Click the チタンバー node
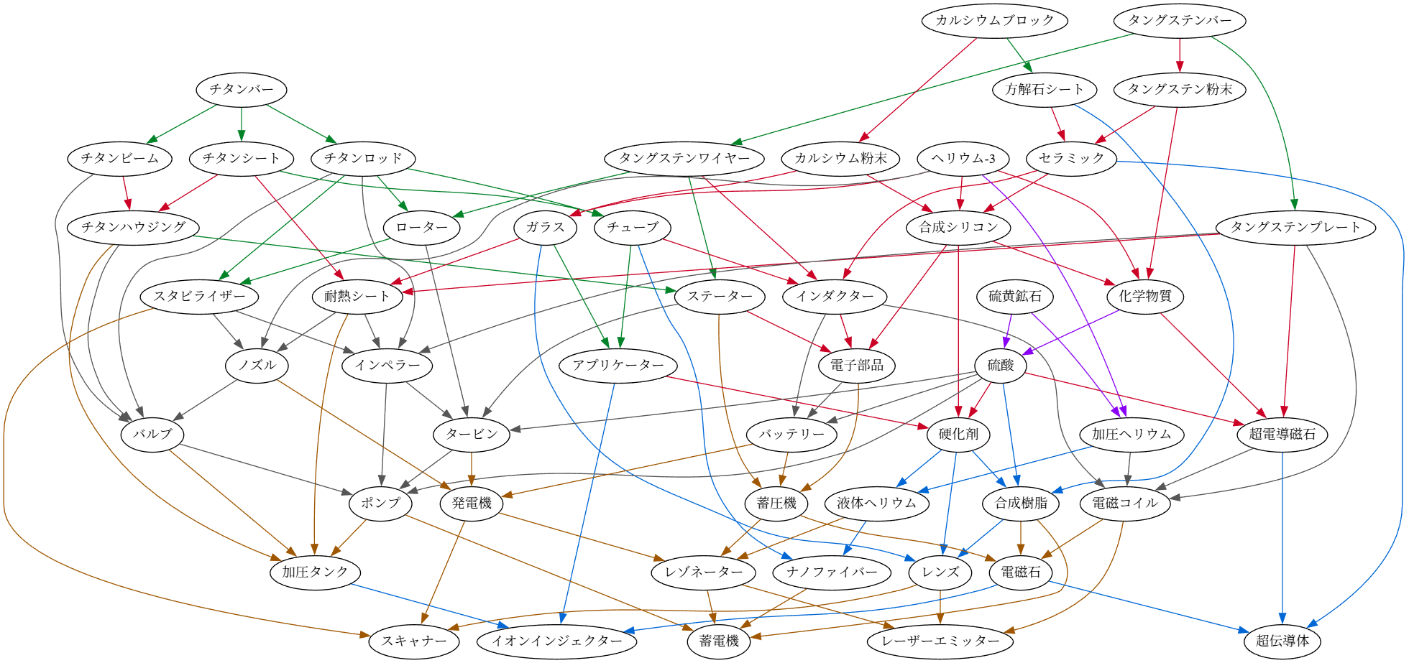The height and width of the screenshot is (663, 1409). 242,90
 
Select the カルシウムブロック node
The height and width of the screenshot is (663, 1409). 994,20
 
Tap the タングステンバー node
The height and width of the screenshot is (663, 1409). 1180,20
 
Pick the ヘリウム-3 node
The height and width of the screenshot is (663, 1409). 963,159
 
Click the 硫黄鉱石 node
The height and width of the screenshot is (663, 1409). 1015,296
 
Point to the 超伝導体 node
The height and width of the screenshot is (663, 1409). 1282,641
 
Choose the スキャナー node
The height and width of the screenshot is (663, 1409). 414,641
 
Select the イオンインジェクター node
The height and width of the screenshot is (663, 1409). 556,641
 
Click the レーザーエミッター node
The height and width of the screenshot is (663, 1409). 941,641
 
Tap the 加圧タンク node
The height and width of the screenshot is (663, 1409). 315,572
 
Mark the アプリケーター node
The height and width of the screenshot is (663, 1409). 618,365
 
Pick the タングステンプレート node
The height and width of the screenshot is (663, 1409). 1295,228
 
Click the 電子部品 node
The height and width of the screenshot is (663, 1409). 857,365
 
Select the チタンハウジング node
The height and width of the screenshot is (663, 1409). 134,228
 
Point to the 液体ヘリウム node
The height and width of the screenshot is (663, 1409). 877,503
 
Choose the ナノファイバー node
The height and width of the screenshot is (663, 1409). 832,572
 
